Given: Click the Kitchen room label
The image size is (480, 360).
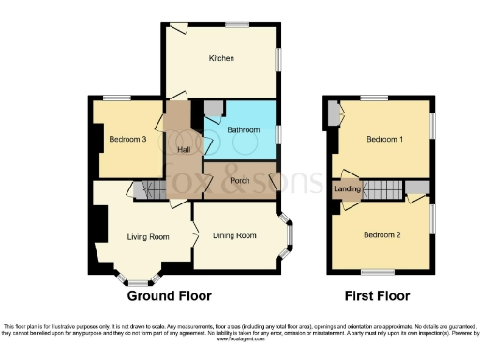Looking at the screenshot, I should tap(220, 59).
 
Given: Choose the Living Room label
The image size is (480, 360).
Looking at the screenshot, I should tap(148, 237).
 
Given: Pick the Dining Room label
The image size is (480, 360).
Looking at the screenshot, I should tap(234, 235).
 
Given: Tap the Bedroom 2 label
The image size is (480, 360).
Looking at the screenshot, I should tap(382, 233).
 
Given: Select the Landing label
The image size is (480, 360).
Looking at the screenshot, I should tap(347, 189).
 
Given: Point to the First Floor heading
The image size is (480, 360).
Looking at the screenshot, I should tap(379, 295).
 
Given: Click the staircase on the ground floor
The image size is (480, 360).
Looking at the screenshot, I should tap(147, 190).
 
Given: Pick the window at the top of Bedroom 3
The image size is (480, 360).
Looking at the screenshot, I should tap(116, 97).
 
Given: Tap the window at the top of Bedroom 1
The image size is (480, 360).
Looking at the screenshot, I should tap(374, 97).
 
